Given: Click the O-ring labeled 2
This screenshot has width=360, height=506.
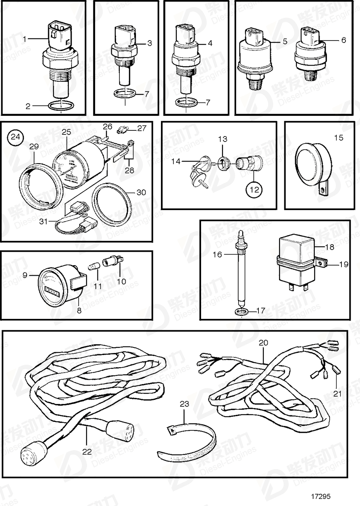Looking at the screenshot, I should [61, 106].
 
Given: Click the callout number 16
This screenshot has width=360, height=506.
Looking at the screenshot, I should [218, 255].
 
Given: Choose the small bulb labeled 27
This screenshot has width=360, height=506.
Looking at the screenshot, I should [121, 130].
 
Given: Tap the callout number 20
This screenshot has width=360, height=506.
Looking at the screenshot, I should [263, 343].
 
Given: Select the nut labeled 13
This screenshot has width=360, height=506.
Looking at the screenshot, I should [222, 163].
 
